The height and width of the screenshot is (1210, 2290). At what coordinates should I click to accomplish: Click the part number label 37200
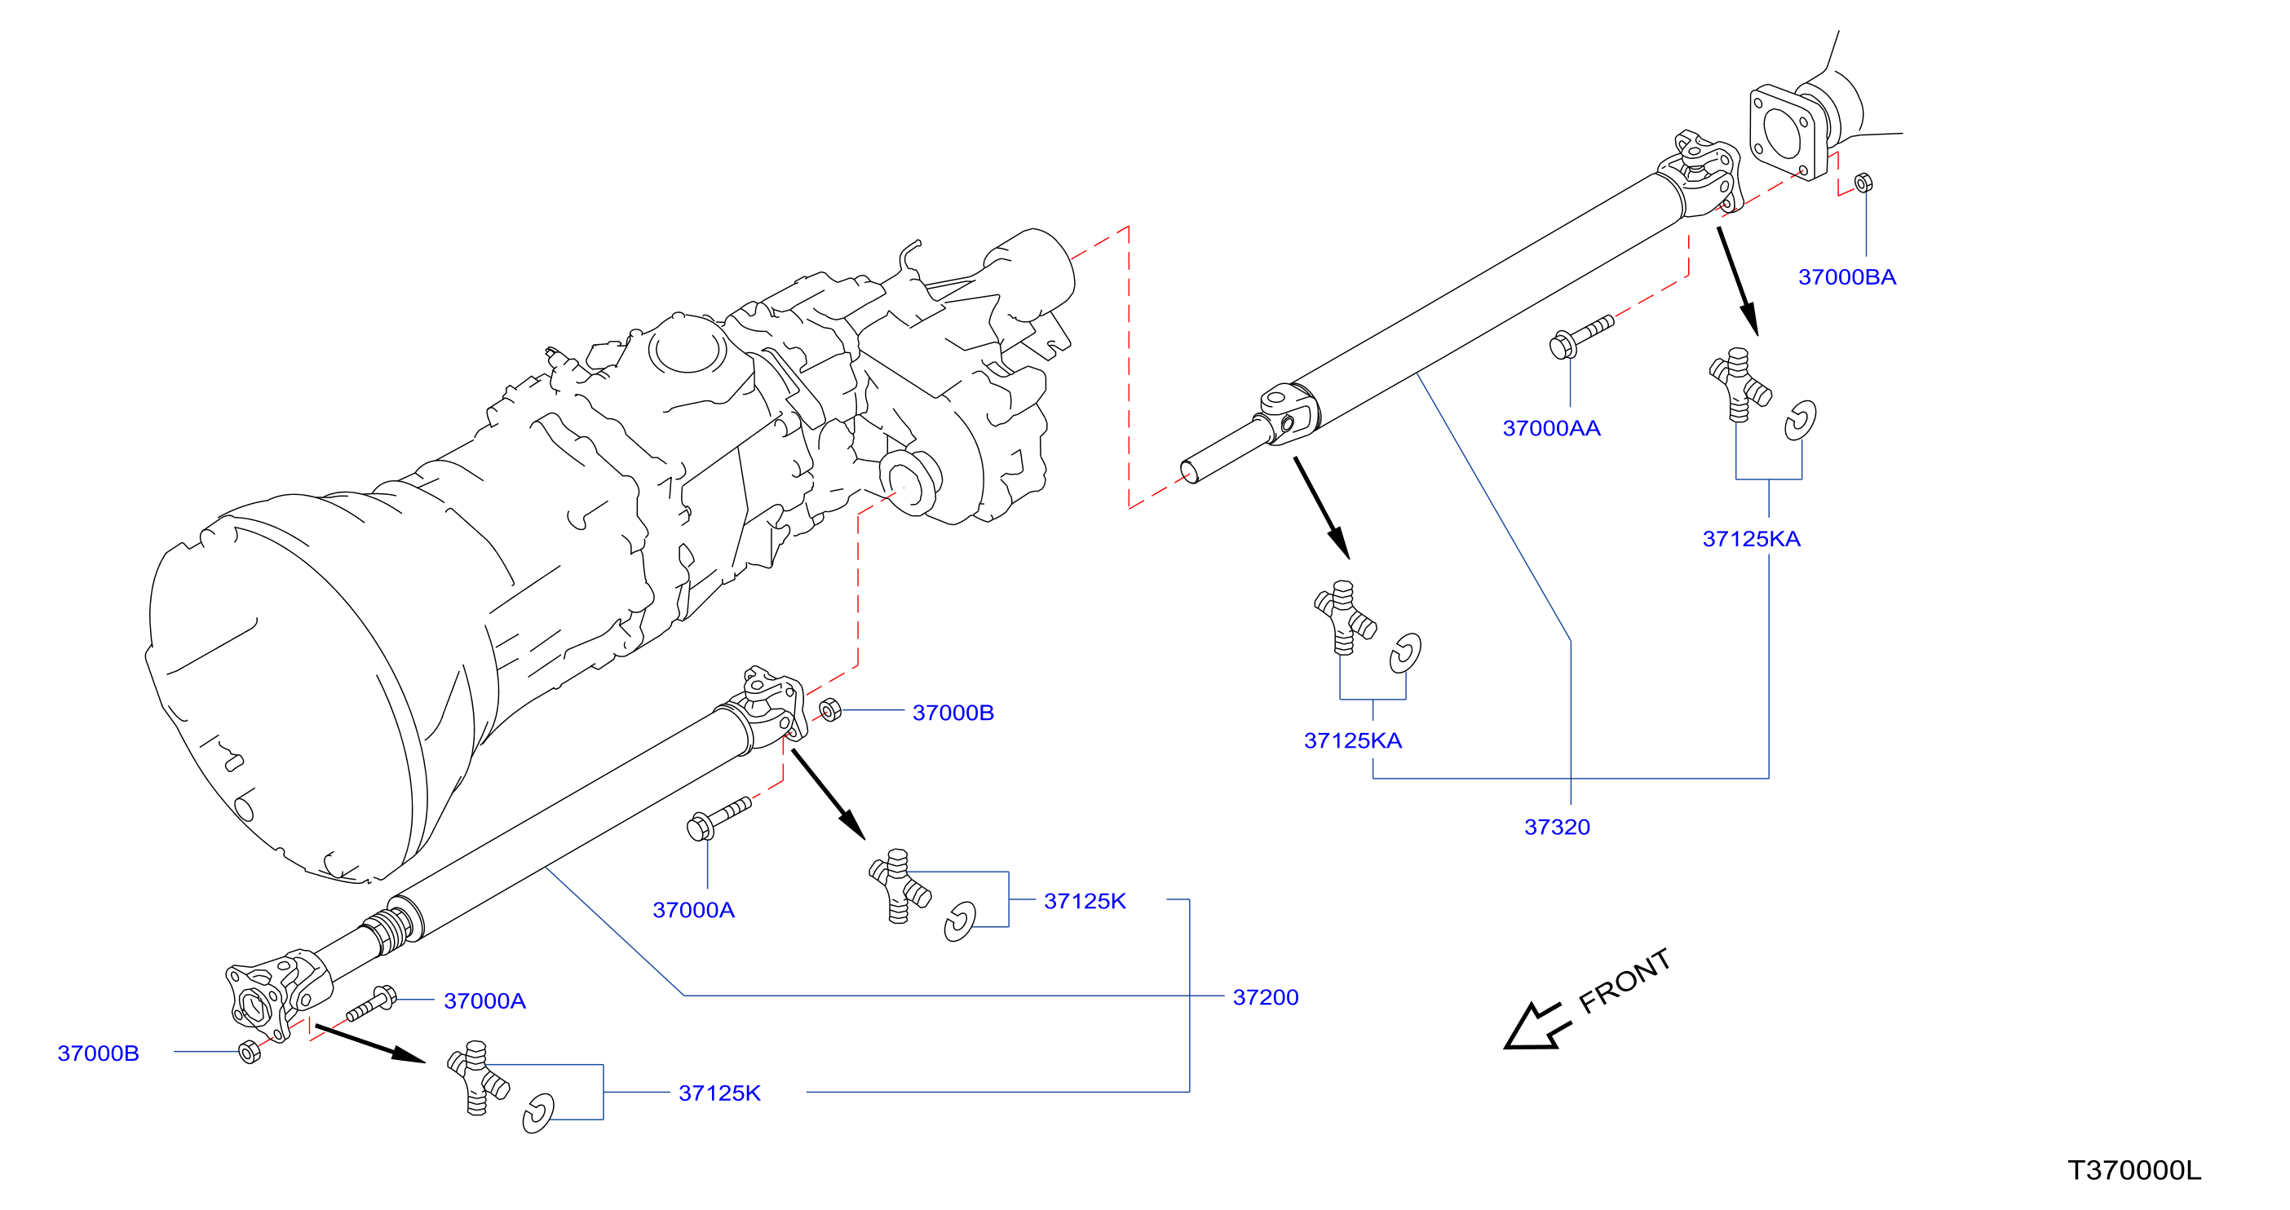tap(1265, 997)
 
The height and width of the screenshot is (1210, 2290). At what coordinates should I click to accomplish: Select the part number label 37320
tap(1557, 828)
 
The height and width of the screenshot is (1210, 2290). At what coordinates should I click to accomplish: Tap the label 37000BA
tap(1846, 277)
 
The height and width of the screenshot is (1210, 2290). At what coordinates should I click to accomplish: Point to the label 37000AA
tap(1551, 429)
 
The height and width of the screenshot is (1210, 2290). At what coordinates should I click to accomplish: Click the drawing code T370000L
tap(2133, 1170)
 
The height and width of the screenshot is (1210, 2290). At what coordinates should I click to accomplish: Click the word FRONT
tap(1625, 981)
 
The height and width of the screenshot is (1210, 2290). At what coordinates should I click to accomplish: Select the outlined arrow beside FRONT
tap(1536, 1027)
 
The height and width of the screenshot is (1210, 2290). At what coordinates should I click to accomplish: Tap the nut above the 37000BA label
tap(1863, 183)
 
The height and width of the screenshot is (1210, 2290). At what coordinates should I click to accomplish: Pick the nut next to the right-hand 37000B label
tap(829, 710)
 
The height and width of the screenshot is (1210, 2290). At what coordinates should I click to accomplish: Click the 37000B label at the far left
tap(98, 1053)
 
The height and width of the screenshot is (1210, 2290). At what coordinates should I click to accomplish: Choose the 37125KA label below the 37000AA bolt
tap(1352, 740)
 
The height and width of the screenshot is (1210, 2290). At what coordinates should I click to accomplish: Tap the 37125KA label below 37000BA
tap(1750, 539)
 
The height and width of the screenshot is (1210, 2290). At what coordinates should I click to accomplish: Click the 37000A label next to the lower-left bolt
tap(484, 1001)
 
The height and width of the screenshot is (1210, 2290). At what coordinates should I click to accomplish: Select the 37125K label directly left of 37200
tap(1085, 902)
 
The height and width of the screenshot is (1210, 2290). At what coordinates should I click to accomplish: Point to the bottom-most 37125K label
tap(719, 1093)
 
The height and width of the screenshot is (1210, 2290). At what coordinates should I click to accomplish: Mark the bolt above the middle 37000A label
tap(719, 819)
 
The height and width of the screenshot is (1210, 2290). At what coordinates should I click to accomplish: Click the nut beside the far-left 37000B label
tap(250, 1052)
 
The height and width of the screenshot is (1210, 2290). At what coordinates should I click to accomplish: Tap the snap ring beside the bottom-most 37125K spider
tap(537, 1114)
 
